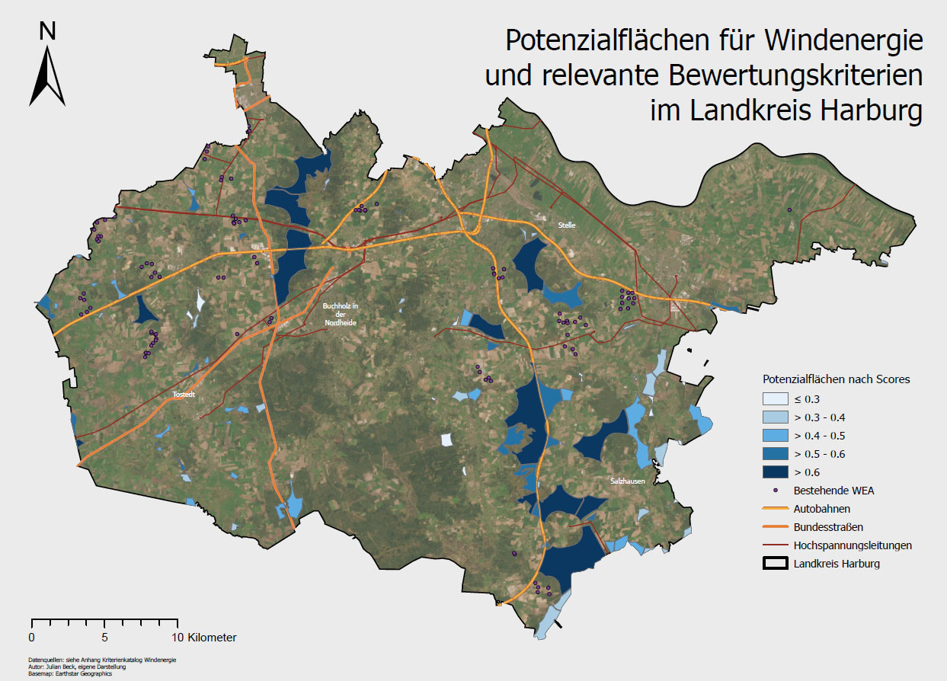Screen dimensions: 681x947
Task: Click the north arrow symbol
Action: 47,76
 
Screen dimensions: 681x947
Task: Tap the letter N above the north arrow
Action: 47,30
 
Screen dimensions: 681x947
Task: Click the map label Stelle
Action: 565,225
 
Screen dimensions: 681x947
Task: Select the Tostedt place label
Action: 184,395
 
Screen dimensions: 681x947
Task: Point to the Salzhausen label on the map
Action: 627,481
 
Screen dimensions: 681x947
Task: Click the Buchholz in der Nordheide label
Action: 340,314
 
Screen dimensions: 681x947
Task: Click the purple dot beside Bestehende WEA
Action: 776,491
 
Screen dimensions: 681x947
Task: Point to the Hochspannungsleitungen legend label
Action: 853,545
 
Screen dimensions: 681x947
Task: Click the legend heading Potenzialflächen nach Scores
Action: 837,379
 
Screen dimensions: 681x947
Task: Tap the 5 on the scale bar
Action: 104,637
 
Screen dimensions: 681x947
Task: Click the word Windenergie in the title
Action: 844,40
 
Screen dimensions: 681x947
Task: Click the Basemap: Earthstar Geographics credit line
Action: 69,673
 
